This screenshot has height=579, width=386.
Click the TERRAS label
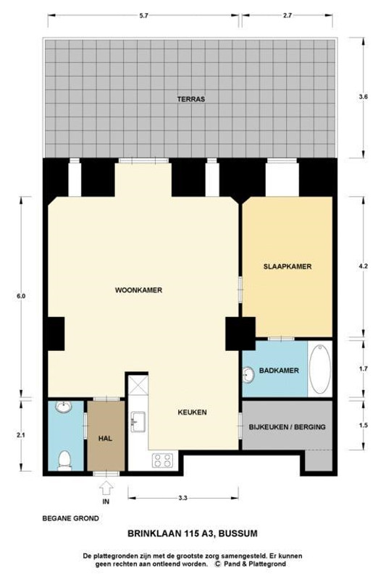coord(192,98)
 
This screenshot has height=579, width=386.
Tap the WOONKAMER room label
coord(138,290)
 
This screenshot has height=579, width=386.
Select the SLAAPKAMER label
coord(288,266)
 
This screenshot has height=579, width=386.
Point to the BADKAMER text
coord(280,371)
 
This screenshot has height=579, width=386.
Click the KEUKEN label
coord(193,413)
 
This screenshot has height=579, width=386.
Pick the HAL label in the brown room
coord(104,438)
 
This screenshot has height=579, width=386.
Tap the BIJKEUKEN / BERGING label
coord(288,427)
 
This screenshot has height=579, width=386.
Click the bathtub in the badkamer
coord(320,369)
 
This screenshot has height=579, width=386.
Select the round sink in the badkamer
coord(250,373)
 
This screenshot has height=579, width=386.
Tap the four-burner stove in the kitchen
coord(161,459)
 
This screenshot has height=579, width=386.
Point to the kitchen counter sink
coord(138,420)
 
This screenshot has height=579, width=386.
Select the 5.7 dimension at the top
coord(144,15)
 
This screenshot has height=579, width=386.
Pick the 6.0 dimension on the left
coord(21,297)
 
